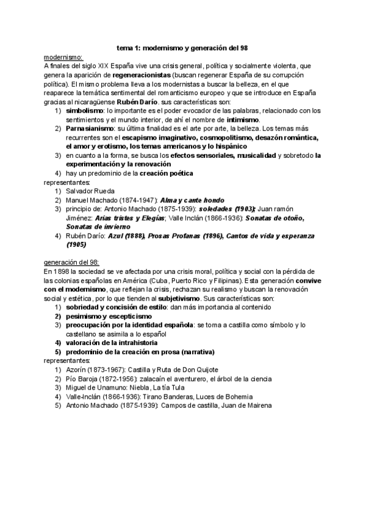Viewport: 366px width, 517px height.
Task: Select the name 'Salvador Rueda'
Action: pyautogui.click(x=90, y=191)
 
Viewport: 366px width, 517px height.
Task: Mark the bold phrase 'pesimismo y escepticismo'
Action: pyautogui.click(x=108, y=317)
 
